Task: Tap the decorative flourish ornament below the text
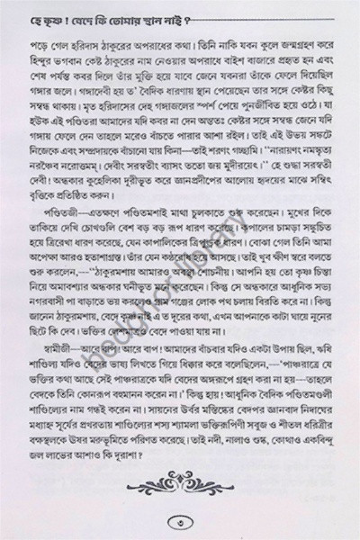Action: pyautogui.click(x=179, y=481)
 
